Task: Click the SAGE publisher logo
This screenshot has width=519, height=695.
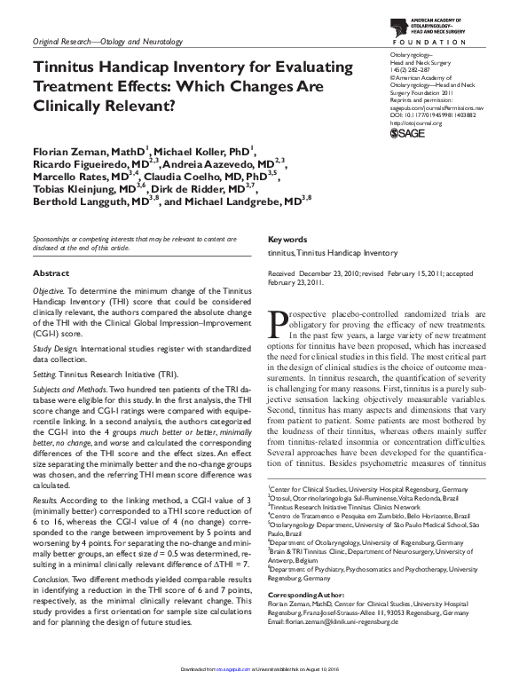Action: coord(409,132)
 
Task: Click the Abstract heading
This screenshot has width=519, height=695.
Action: coord(51,273)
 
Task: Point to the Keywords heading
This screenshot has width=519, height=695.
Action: coord(287,240)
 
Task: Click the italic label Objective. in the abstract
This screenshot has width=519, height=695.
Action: coord(48,291)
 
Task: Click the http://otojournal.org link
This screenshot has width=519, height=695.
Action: coord(416,122)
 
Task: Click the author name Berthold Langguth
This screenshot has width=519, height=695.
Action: coord(81,202)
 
